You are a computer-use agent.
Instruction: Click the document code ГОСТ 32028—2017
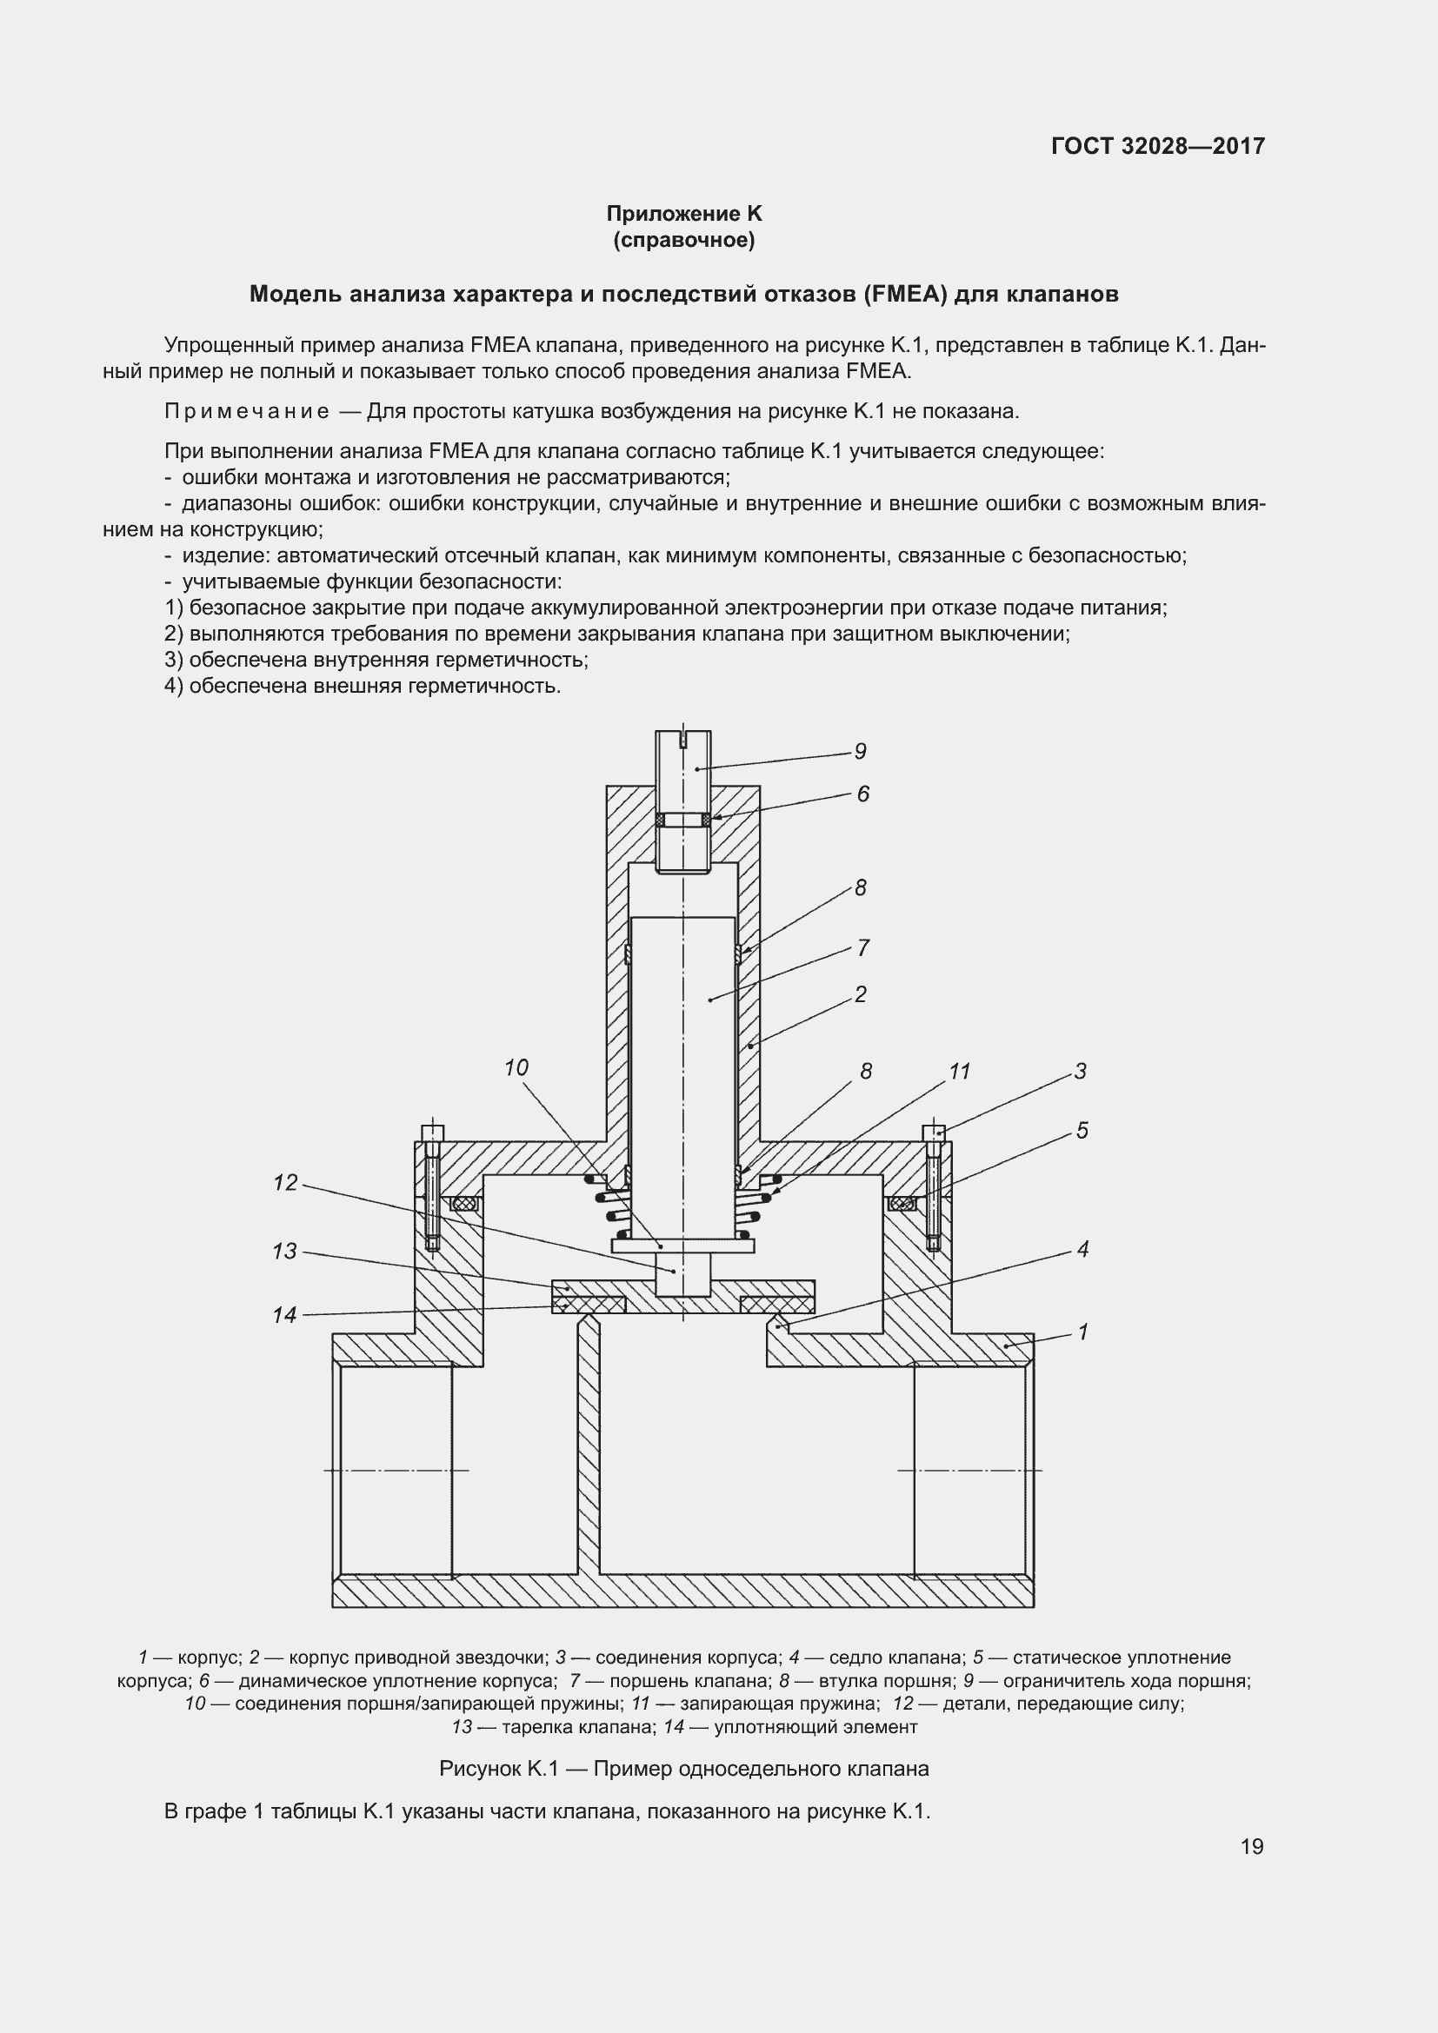tap(1157, 146)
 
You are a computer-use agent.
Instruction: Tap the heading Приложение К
tap(683, 214)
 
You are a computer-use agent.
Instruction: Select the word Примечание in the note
tap(247, 411)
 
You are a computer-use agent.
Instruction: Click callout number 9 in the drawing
tap(860, 752)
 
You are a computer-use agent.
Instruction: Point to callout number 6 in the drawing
tap(862, 794)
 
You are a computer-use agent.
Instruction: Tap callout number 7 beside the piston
tap(863, 948)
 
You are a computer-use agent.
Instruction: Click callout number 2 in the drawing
tap(860, 994)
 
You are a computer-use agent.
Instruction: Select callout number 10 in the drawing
tap(516, 1068)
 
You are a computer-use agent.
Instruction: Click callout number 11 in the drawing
tap(960, 1072)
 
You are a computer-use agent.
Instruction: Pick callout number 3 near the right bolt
tap(1081, 1072)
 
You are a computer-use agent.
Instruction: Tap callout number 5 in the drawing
tap(1082, 1131)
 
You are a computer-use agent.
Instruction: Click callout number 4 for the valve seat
tap(1082, 1249)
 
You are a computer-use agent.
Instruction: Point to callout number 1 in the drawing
tap(1082, 1332)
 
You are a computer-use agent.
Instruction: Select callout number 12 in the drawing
tap(285, 1183)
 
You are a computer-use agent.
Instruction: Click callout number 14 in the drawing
tap(284, 1315)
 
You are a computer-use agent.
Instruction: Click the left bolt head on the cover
tap(431, 1133)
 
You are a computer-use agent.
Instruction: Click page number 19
tap(1251, 1846)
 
